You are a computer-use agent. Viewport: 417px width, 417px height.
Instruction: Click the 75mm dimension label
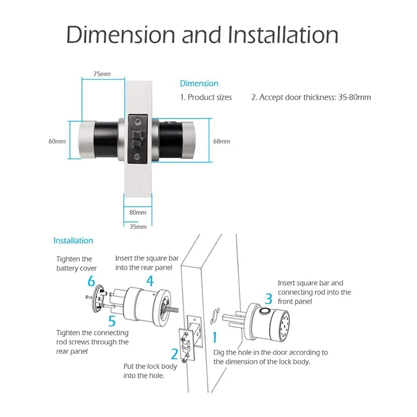[102, 74]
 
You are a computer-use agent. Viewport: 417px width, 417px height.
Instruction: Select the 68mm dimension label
[222, 141]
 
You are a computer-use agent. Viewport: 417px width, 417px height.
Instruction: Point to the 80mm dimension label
[138, 213]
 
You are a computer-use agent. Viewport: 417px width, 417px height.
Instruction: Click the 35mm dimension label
[138, 227]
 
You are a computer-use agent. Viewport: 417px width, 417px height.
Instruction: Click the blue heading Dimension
[199, 83]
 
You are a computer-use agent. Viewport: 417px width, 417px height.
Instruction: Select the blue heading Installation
[73, 241]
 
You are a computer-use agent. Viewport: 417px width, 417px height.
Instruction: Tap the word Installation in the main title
[283, 35]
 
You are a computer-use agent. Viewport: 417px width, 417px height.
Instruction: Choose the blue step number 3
[268, 299]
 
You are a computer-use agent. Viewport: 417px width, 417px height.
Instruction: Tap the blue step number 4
[150, 282]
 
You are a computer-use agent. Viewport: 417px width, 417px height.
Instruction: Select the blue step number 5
[111, 320]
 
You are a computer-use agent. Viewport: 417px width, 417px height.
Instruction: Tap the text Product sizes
[210, 97]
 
